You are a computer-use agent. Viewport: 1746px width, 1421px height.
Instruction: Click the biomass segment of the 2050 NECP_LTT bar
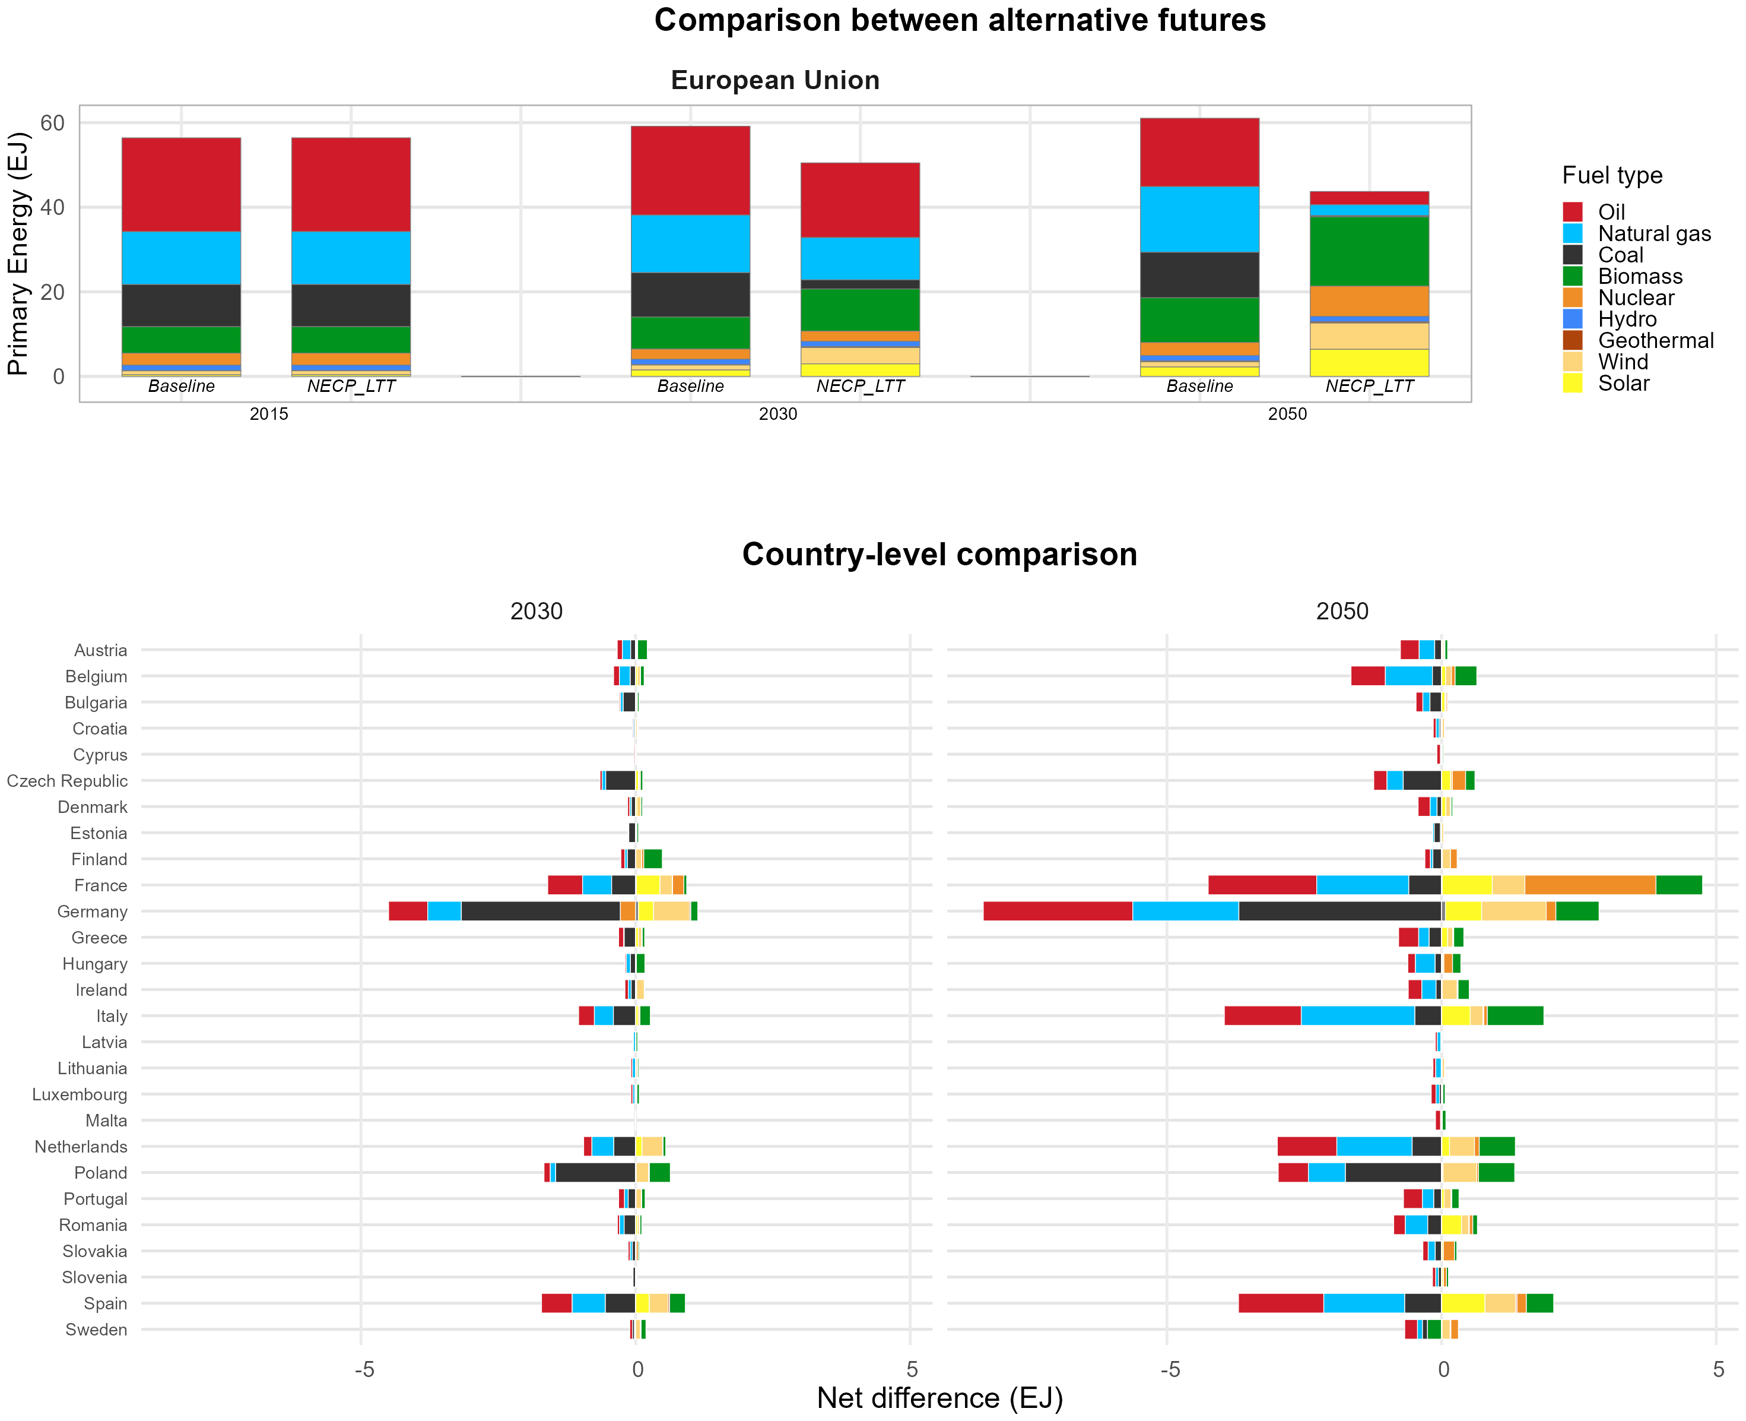point(1369,251)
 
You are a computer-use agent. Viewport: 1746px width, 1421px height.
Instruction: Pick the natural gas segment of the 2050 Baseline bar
point(1199,219)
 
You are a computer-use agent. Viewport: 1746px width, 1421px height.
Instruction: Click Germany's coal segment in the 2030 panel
point(541,911)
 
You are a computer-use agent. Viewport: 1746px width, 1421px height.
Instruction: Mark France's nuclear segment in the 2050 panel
point(1591,885)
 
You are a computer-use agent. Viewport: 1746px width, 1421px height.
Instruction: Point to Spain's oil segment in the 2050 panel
point(1281,1303)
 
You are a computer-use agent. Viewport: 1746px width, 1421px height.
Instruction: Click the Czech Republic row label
point(67,781)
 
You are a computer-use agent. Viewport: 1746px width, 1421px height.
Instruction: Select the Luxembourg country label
point(80,1094)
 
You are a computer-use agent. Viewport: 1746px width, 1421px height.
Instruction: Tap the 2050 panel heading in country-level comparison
point(1342,612)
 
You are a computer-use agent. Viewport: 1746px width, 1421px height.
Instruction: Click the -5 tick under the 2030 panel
point(364,1369)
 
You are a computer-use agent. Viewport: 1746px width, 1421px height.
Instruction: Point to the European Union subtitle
point(775,80)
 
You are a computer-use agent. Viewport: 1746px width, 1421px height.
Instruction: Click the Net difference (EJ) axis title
point(940,1398)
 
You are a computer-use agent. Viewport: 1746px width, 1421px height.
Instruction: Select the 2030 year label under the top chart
point(777,414)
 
